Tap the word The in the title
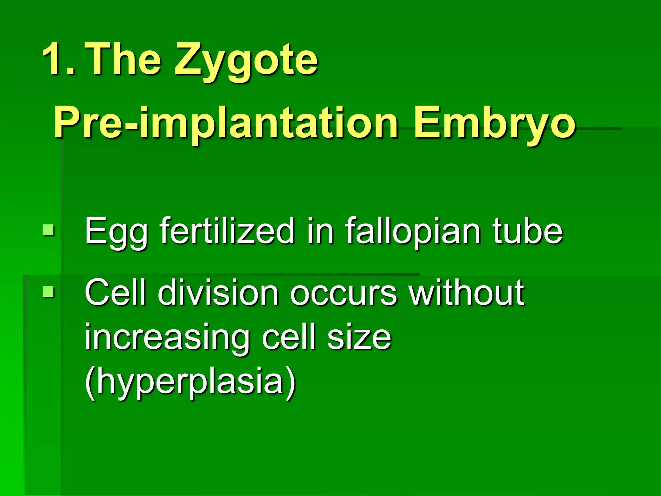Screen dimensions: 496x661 coord(124,59)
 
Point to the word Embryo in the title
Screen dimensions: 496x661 coord(494,124)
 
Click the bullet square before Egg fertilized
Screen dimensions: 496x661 coord(48,231)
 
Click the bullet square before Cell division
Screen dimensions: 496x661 coord(48,292)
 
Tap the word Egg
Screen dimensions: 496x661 coord(116,232)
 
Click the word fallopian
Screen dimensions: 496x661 coord(413,232)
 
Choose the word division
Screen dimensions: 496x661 coord(218,292)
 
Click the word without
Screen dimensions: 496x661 coord(466,292)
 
